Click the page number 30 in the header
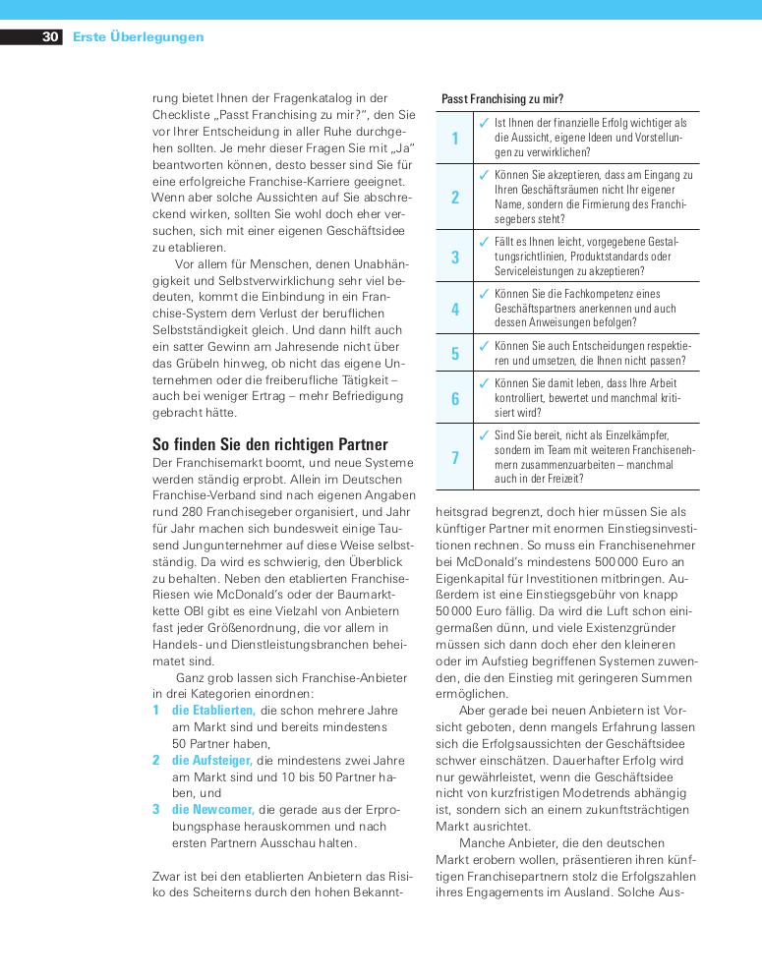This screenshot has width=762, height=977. pyautogui.click(x=50, y=37)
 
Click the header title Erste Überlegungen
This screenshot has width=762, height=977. pyautogui.click(x=139, y=37)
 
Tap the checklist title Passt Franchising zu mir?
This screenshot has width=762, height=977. pyautogui.click(x=502, y=98)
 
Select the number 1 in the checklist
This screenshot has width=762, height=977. pyautogui.click(x=455, y=139)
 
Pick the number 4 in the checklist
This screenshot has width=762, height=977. pyautogui.click(x=455, y=309)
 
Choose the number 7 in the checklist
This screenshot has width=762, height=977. pyautogui.click(x=455, y=458)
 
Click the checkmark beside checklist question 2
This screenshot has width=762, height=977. pyautogui.click(x=484, y=175)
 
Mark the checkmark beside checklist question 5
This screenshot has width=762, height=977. pyautogui.click(x=484, y=346)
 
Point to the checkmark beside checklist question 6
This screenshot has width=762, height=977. pyautogui.click(x=484, y=382)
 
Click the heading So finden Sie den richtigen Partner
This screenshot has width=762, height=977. pyautogui.click(x=270, y=444)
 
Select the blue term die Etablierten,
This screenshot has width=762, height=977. pyautogui.click(x=213, y=710)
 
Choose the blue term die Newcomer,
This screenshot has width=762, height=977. pyautogui.click(x=212, y=810)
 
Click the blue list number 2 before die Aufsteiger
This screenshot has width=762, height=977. pyautogui.click(x=156, y=760)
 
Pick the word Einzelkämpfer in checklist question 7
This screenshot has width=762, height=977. pyautogui.click(x=636, y=434)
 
